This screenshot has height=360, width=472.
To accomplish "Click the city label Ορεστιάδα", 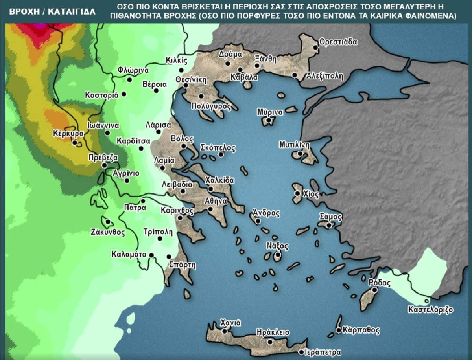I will (x=338, y=41).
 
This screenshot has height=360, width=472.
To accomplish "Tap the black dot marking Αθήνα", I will (x=210, y=209).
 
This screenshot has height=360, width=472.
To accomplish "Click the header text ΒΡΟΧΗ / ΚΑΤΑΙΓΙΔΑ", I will (x=52, y=11).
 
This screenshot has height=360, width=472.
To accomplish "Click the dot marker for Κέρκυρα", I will (x=75, y=142).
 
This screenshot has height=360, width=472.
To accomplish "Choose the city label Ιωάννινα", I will (x=103, y=125).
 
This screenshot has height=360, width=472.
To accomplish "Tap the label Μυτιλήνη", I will (x=295, y=144).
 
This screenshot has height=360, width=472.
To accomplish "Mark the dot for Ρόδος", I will (x=374, y=290).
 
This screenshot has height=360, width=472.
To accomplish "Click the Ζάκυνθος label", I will (x=107, y=232).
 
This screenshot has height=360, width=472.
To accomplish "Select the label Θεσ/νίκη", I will (x=191, y=79).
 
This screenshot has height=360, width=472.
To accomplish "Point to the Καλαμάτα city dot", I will (x=151, y=255).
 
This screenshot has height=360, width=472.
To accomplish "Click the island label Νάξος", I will (x=277, y=246).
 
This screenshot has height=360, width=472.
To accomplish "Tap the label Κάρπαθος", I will (x=361, y=330).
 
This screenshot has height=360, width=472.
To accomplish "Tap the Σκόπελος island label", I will (x=218, y=148).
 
